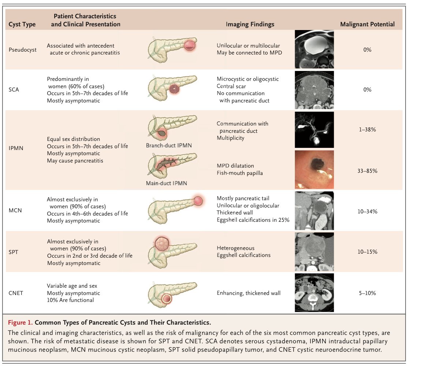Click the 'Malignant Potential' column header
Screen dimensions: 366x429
click(x=367, y=25)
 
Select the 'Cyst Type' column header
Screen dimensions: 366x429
click(x=22, y=25)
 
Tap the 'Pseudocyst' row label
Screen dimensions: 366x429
click(x=22, y=50)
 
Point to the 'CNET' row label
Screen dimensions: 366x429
click(x=16, y=293)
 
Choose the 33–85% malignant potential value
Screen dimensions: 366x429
click(x=367, y=171)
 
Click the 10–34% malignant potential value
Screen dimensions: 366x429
click(x=367, y=212)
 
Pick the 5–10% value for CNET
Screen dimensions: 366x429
click(x=367, y=293)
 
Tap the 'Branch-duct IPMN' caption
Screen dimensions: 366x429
click(x=169, y=146)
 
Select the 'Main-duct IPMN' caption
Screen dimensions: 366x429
click(x=167, y=183)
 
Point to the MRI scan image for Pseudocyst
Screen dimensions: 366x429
click(x=314, y=49)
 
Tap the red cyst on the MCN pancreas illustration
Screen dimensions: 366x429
click(x=198, y=201)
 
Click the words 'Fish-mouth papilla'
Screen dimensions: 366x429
click(x=240, y=173)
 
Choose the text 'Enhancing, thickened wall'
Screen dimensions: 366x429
click(x=249, y=293)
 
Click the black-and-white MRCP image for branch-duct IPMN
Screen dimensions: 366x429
click(x=314, y=129)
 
